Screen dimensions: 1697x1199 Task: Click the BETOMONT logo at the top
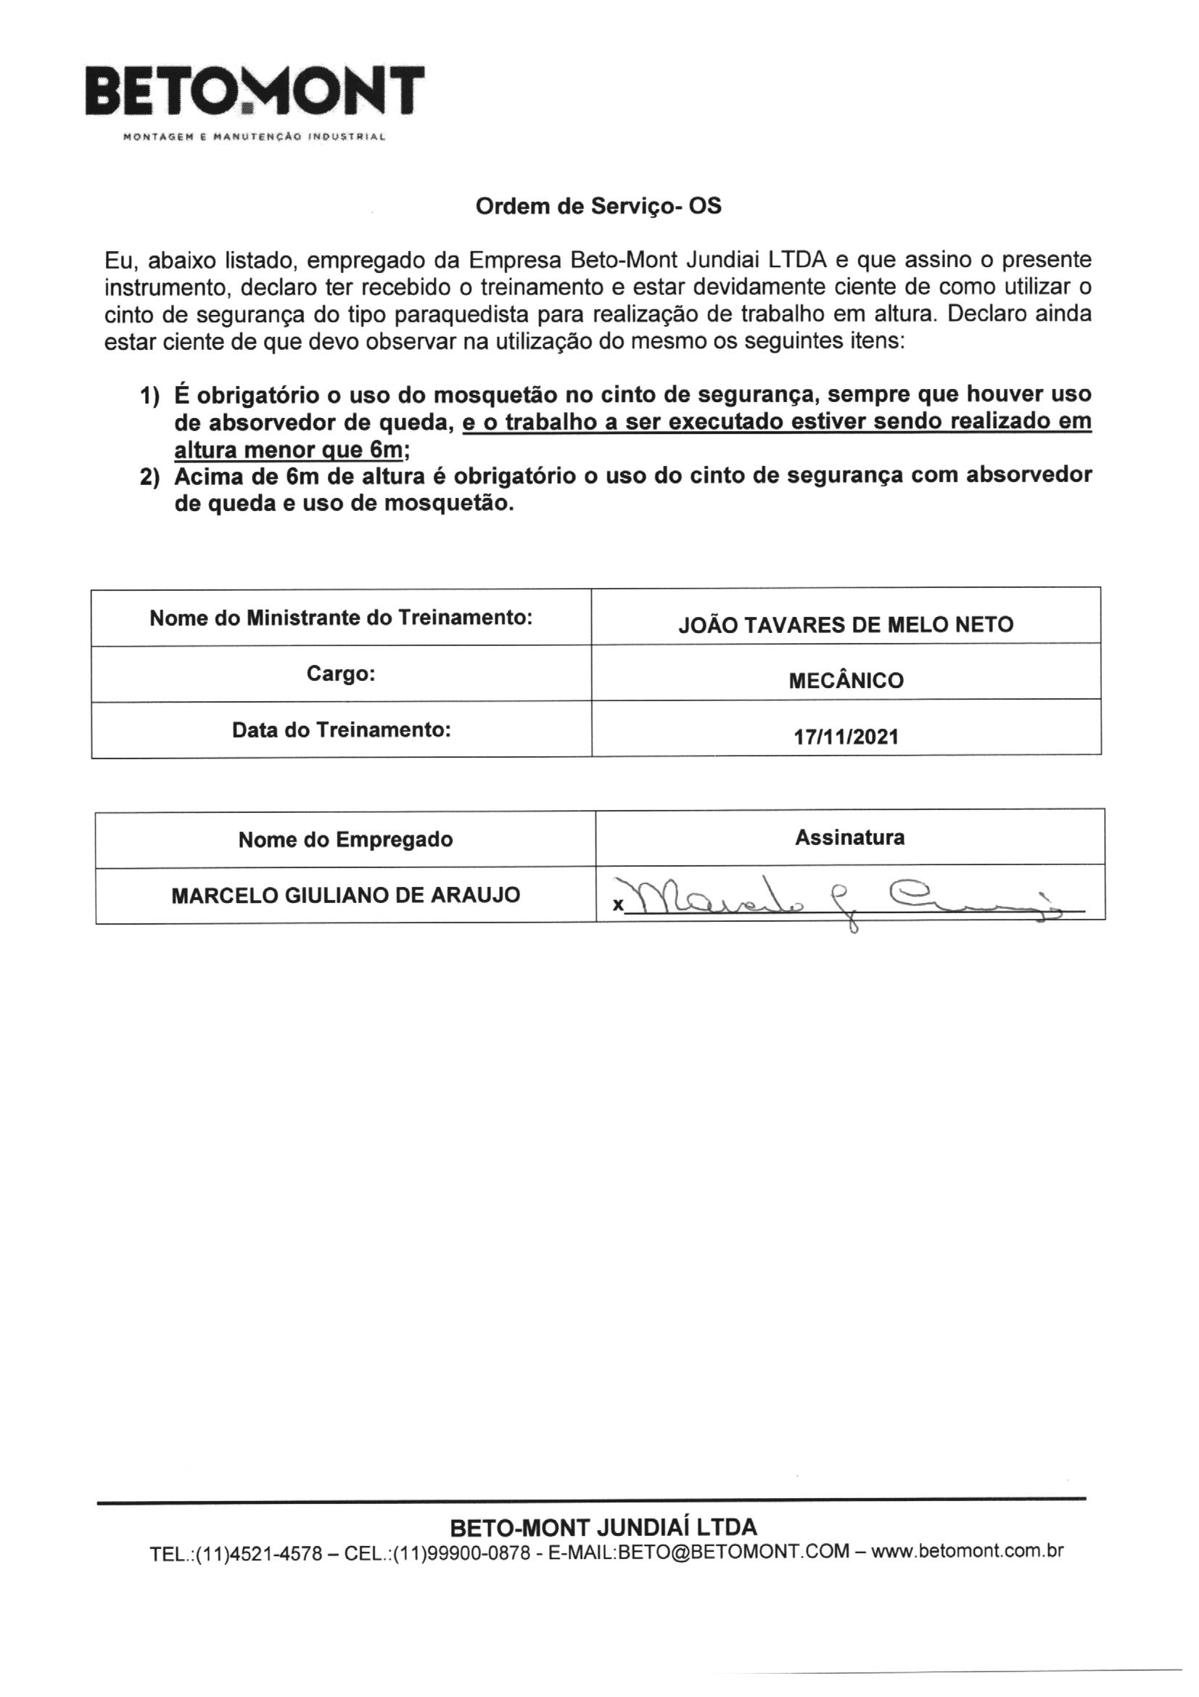(255, 91)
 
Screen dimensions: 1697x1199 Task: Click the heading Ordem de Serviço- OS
(598, 206)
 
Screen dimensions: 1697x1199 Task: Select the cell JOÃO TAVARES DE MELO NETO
(846, 624)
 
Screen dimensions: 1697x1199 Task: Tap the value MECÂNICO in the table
(846, 681)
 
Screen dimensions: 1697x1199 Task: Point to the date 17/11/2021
(846, 737)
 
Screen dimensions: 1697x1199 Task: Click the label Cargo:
(342, 674)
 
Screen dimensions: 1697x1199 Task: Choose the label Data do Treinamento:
(342, 729)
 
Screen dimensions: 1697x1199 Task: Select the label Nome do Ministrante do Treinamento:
(342, 617)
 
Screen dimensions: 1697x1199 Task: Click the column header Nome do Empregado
(346, 839)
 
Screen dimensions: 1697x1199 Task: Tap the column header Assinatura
(849, 837)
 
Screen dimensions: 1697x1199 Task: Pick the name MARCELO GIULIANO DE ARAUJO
(346, 895)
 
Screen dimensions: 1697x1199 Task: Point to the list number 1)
(150, 396)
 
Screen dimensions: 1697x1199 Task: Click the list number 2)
(150, 478)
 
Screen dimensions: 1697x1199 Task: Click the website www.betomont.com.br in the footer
(968, 1550)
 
